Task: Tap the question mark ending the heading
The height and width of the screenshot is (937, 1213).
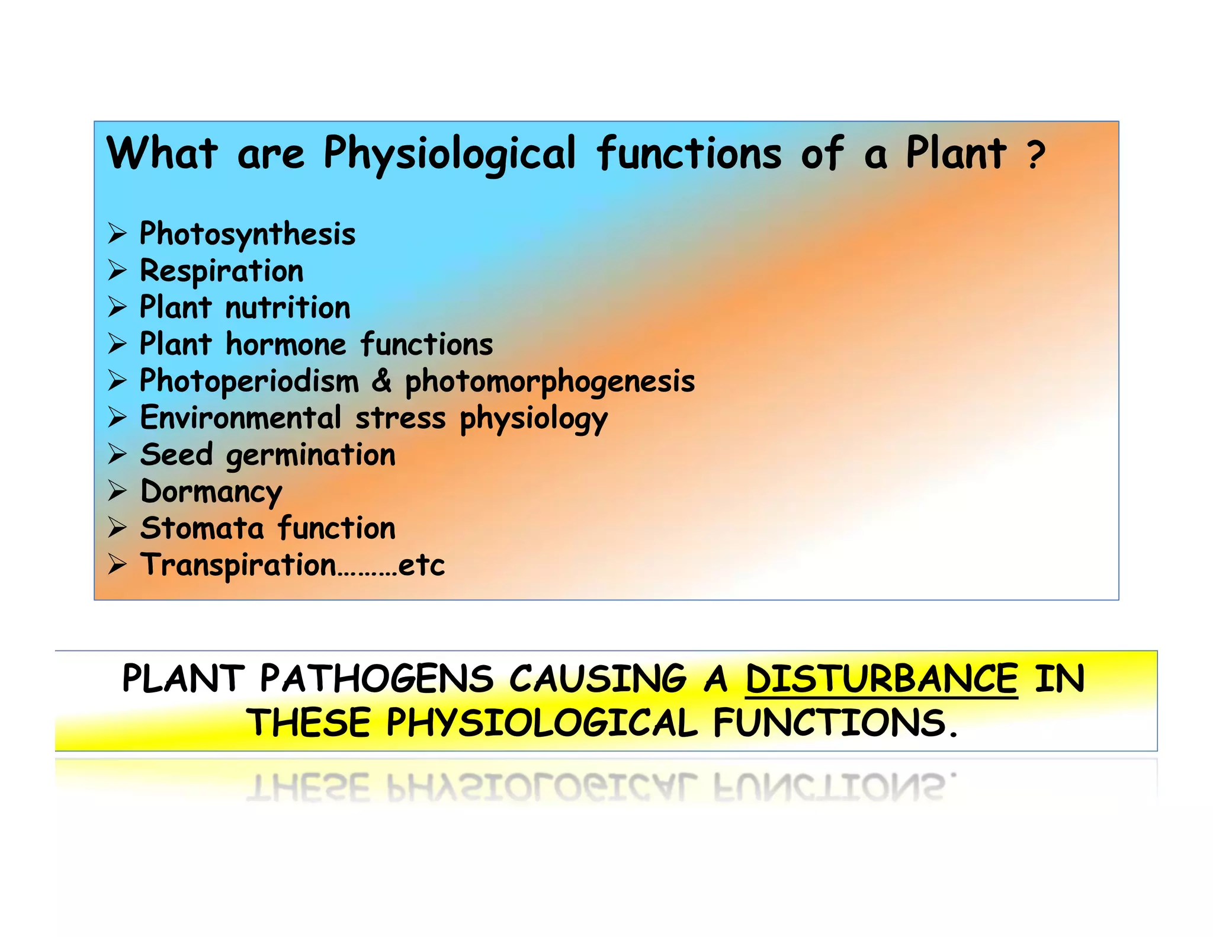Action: (1036, 155)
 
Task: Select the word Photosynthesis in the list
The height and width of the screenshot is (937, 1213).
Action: (248, 234)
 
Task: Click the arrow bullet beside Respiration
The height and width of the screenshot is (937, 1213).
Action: (117, 271)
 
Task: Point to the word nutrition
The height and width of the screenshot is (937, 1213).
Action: (288, 308)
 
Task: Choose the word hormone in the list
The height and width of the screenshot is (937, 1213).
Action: (285, 345)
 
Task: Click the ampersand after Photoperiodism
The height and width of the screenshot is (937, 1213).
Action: (382, 380)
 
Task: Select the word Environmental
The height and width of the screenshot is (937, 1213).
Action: (240, 418)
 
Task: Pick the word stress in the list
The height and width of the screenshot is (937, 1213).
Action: (400, 419)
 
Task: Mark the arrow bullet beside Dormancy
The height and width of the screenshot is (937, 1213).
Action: (117, 491)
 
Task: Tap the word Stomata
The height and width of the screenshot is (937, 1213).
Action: (201, 528)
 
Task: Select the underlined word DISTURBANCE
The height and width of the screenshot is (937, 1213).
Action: (881, 679)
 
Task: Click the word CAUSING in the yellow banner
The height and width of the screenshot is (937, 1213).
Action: (598, 679)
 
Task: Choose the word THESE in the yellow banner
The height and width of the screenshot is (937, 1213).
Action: (309, 723)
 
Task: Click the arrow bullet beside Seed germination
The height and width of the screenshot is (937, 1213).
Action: (117, 454)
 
